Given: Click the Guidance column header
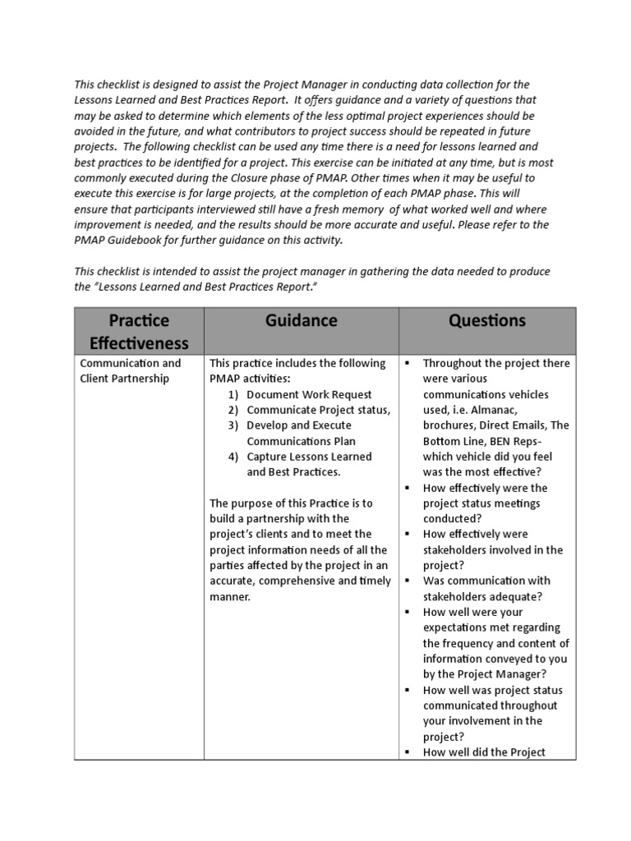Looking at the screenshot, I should click(301, 321).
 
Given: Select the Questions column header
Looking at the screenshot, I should click(487, 321).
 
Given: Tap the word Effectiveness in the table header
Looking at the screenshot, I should click(139, 342).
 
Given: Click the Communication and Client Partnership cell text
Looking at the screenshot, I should click(130, 370).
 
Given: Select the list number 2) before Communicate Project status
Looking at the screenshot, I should click(233, 410).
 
